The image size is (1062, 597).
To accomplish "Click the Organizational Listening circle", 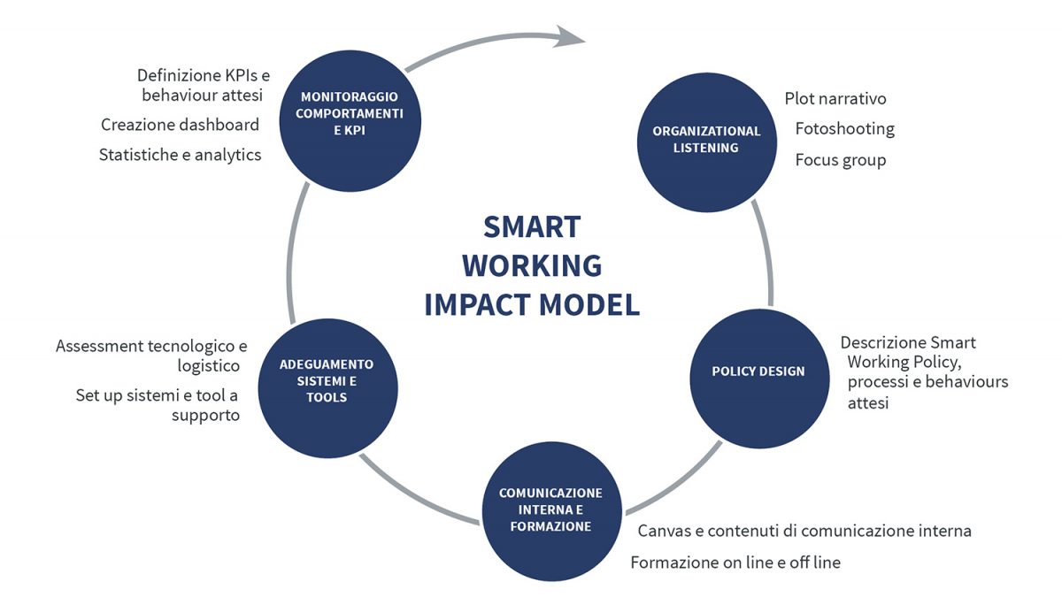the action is pos(707,142).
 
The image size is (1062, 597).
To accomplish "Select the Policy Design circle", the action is pos(759,379).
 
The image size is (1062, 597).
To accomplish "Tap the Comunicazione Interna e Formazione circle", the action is pos(552,511).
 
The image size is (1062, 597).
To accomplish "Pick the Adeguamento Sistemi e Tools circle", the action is pos(328,388).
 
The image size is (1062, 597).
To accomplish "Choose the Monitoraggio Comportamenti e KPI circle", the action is pos(350,121).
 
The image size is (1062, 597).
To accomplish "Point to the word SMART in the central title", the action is pos(532,227).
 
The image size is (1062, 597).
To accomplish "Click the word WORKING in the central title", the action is pos(532,265).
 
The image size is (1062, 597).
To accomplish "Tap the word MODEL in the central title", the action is pos(589,304).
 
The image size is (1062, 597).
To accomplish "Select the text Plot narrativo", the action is pos(835,98).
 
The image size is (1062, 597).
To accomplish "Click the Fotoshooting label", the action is pos(845,129).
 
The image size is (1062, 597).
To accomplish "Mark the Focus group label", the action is pos(841,160).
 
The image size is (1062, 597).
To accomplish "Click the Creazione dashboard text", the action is pos(181,125).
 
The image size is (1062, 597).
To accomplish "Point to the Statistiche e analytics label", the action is pos(181,155).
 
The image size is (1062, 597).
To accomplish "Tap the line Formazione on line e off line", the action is pos(735,563).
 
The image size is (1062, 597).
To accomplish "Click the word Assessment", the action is pos(99,347).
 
